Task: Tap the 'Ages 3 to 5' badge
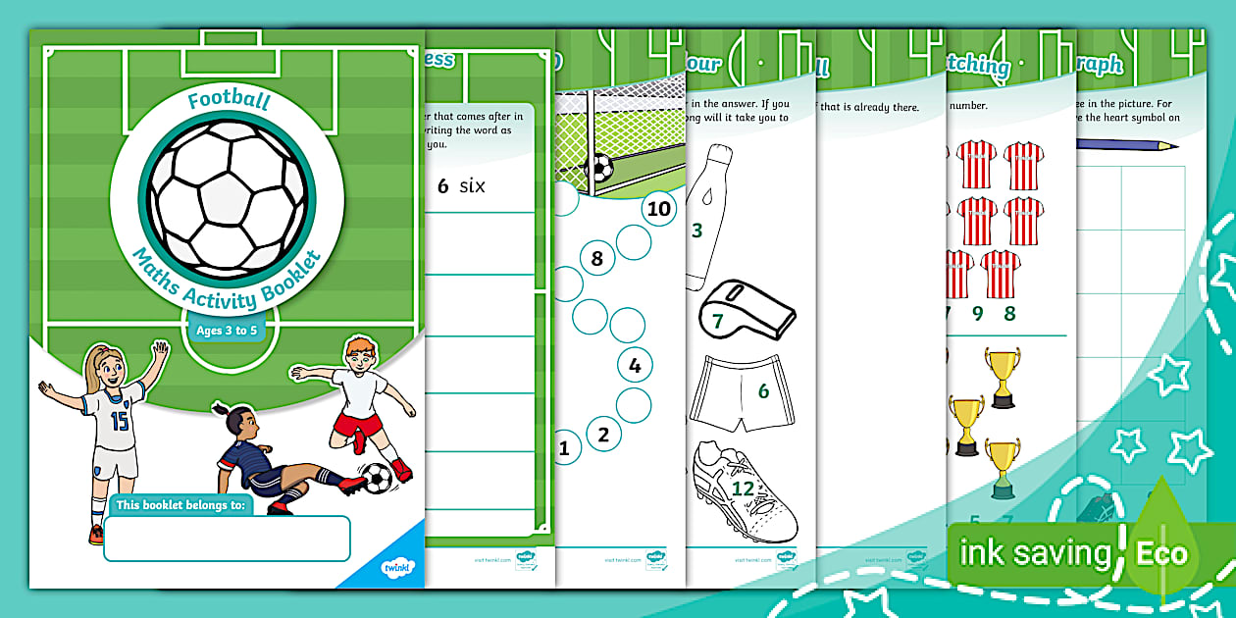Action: pyautogui.click(x=227, y=331)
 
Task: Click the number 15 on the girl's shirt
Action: pyautogui.click(x=119, y=421)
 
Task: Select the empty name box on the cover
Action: pyautogui.click(x=227, y=539)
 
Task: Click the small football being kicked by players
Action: pyautogui.click(x=377, y=478)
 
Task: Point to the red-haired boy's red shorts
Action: pyautogui.click(x=358, y=425)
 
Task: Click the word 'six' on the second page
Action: pyautogui.click(x=473, y=185)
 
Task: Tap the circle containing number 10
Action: pyautogui.click(x=659, y=208)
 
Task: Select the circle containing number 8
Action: pyautogui.click(x=596, y=260)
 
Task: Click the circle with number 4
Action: pyautogui.click(x=634, y=367)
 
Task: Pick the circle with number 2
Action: pyautogui.click(x=603, y=434)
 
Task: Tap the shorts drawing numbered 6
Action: pyautogui.click(x=743, y=392)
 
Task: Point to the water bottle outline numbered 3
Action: pyautogui.click(x=707, y=216)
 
